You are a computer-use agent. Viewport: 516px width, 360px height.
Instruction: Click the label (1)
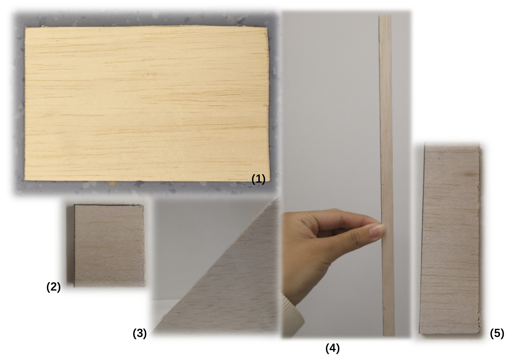pyautogui.click(x=258, y=179)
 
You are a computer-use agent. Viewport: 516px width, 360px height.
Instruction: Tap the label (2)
pyautogui.click(x=54, y=287)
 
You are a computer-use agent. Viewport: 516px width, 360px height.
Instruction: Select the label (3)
pyautogui.click(x=140, y=333)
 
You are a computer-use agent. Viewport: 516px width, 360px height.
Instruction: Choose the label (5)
pyautogui.click(x=497, y=333)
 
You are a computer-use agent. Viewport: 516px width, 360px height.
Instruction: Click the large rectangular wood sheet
pyautogui.click(x=147, y=104)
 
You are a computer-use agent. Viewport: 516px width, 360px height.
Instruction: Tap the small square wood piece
pyautogui.click(x=109, y=246)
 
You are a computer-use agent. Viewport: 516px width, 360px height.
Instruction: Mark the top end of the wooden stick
pyautogui.click(x=385, y=15)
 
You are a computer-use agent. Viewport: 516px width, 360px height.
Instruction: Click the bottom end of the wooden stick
pyautogui.click(x=389, y=335)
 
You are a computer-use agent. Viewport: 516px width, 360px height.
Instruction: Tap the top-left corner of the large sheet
pyautogui.click(x=25, y=28)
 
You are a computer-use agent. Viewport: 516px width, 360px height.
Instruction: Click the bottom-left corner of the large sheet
pyautogui.click(x=25, y=180)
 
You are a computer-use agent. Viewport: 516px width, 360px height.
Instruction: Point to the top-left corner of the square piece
pyautogui.click(x=74, y=205)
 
